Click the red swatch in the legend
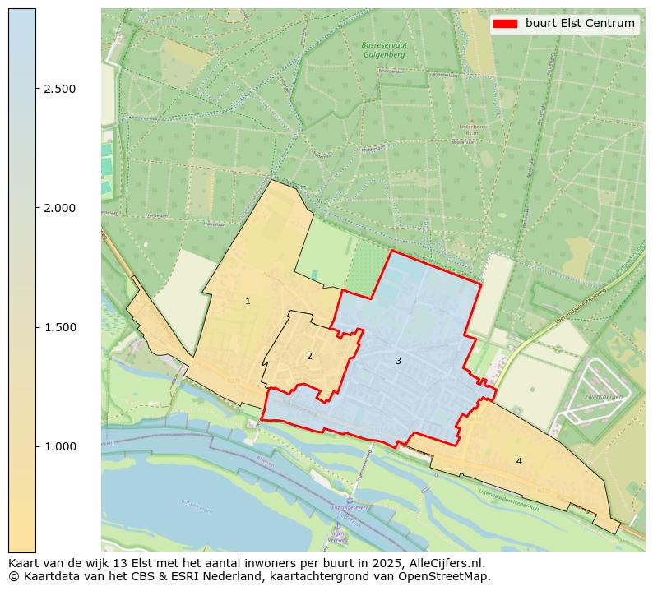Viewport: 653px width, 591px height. tap(505, 23)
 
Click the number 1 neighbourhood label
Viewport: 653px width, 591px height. tap(248, 302)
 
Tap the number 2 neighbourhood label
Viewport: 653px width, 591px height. tap(309, 356)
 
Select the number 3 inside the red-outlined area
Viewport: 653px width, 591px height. tap(398, 361)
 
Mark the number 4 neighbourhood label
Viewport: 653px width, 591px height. tap(519, 461)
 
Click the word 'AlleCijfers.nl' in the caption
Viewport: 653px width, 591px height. tap(448, 564)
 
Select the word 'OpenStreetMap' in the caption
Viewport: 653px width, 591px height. tap(449, 576)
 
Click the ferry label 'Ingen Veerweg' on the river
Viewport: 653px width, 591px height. tap(337, 536)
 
